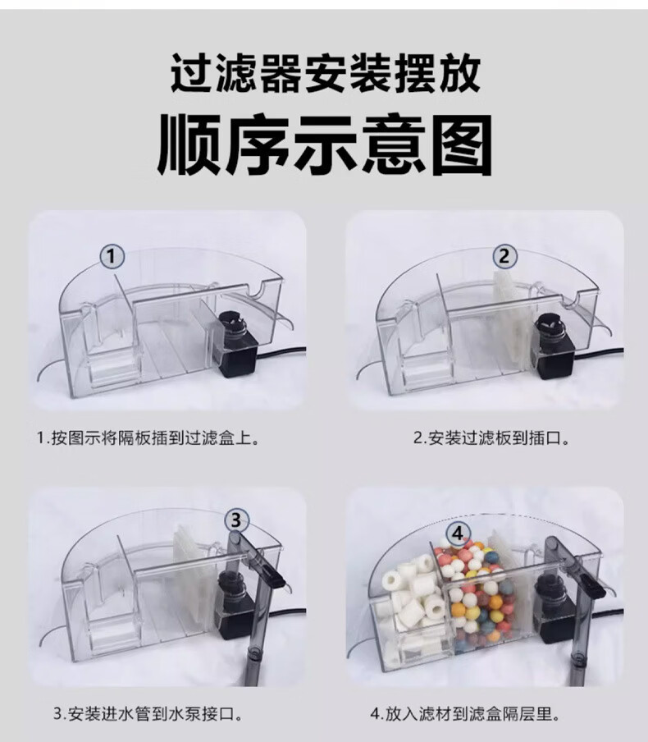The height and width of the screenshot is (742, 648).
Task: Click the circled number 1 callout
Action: click(x=112, y=257)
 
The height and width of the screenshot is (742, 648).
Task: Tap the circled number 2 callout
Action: click(x=504, y=256)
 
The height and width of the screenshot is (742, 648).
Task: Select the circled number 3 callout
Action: click(x=235, y=520)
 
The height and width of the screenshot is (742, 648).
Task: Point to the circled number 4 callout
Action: click(x=458, y=534)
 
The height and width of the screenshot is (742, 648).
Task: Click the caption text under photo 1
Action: click(x=148, y=437)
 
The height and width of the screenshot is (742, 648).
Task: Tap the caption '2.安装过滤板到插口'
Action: click(x=491, y=438)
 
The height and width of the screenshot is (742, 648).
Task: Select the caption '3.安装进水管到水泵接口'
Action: click(x=148, y=713)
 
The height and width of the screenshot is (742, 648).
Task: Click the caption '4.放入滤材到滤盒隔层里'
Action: click(x=465, y=713)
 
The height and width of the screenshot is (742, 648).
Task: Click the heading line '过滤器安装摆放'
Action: click(x=326, y=75)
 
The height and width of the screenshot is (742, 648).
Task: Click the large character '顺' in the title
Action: click(x=189, y=144)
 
